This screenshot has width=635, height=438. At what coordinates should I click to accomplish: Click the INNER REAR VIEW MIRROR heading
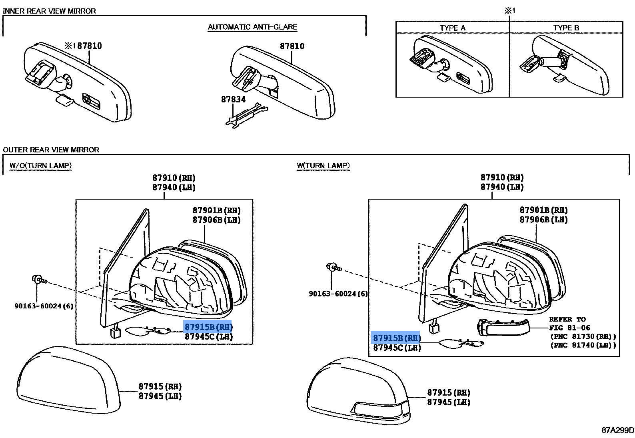tap(49, 11)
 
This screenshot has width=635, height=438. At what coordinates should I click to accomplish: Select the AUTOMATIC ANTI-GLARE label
tap(252, 27)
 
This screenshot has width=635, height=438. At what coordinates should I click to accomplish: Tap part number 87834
tap(233, 99)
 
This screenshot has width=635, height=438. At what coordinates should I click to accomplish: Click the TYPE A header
tap(452, 28)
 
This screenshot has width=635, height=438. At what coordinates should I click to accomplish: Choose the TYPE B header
tap(566, 28)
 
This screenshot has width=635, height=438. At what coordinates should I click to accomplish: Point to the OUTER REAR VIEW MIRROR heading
tap(51, 150)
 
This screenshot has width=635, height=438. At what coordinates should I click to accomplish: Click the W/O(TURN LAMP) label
tap(40, 166)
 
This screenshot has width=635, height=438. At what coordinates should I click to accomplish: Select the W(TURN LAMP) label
tap(323, 166)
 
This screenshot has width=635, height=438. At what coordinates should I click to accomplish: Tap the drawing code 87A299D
tap(617, 430)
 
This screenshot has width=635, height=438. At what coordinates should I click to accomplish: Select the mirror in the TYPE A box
tap(452, 64)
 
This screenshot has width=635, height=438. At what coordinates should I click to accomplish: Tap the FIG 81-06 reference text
tap(570, 328)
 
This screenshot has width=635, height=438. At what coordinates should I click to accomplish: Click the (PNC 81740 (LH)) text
tap(583, 345)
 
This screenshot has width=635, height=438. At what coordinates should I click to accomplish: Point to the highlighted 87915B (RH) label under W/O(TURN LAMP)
tap(208, 327)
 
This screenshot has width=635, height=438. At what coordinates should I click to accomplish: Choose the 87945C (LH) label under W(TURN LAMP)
tap(397, 348)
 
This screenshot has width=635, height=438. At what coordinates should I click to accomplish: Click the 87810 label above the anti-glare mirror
tap(292, 46)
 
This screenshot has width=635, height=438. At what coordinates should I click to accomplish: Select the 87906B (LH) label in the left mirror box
tap(216, 220)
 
